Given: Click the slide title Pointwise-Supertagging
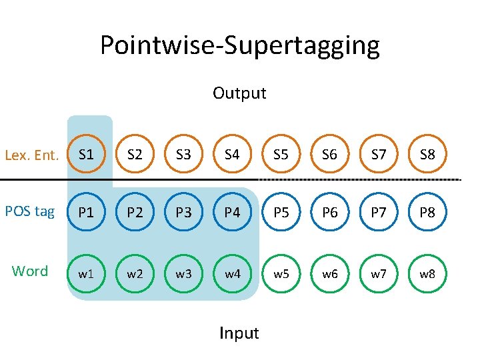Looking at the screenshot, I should coord(240,45).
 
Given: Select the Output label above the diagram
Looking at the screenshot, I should coord(239,93).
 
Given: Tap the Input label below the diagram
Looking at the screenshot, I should coord(239,332).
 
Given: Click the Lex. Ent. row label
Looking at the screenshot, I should coord(32,156).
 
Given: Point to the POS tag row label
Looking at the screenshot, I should coord(30,211).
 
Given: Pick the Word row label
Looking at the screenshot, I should coord(30,271).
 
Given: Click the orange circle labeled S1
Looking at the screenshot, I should coord(86,155).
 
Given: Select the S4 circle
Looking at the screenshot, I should coord(232,155).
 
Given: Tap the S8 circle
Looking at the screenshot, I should coord(427,155).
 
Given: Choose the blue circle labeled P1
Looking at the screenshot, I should coord(86,213).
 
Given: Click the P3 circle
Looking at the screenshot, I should coord(183,213).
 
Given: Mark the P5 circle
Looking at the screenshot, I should coord(281,213).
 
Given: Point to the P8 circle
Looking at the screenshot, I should coord(427,213).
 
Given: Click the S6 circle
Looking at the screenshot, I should coord(329,155).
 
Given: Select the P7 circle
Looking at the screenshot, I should coord(379,213).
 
